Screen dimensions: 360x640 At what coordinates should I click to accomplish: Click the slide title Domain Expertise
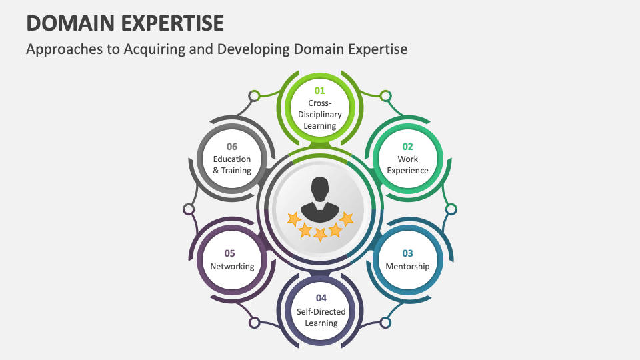[x=125, y=23]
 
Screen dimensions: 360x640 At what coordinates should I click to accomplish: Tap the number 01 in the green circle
[x=320, y=90]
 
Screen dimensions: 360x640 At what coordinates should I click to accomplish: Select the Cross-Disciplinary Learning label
[x=320, y=114]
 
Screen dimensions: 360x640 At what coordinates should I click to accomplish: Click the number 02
[x=407, y=147]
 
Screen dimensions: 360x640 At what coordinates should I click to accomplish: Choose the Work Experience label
[x=407, y=165]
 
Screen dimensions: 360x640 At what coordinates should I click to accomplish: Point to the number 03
[x=407, y=253]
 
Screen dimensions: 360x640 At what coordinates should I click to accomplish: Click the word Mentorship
[x=407, y=267]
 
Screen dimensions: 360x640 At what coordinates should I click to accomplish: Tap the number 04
[x=321, y=297]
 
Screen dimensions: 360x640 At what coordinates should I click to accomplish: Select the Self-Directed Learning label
[x=321, y=317]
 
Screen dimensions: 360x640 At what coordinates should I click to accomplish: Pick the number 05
[x=230, y=253]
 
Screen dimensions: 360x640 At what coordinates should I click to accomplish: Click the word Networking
[x=232, y=267]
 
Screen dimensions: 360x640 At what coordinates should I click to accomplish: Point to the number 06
[x=232, y=147]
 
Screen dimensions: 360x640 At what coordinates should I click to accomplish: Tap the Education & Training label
[x=232, y=165]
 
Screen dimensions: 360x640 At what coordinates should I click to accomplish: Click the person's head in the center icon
[x=320, y=187]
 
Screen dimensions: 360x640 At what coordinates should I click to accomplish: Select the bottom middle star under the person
[x=320, y=234]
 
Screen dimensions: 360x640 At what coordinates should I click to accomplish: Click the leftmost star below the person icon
[x=293, y=219]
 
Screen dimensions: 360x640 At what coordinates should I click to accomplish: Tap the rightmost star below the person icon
[x=346, y=218]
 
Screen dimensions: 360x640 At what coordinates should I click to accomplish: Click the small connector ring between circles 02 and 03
[x=451, y=209]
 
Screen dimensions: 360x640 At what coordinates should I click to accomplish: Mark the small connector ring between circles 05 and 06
[x=189, y=209]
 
